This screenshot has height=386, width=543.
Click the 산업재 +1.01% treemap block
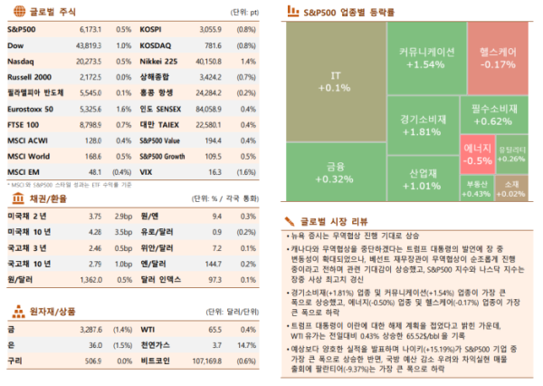(x=418, y=179)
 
